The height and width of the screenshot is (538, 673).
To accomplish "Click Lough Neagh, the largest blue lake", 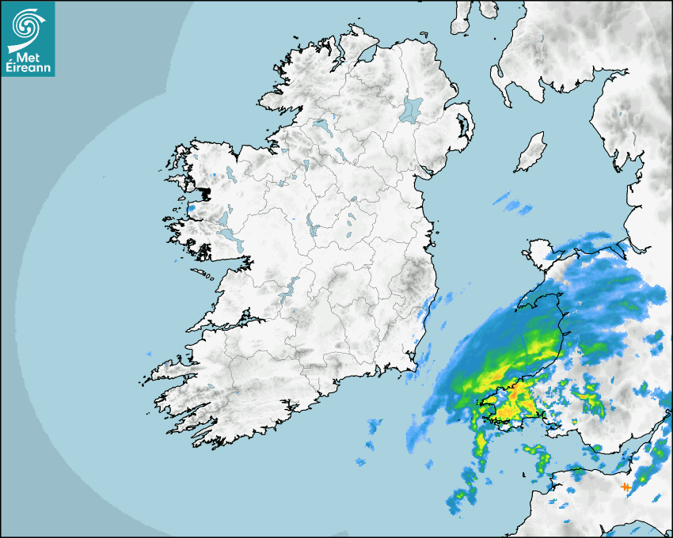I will tap(412, 108).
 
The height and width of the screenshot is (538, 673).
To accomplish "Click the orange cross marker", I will tap(625, 487).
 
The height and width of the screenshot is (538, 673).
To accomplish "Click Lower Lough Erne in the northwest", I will tap(321, 125).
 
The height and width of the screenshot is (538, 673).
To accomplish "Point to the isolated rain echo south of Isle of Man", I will tap(513, 205).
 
